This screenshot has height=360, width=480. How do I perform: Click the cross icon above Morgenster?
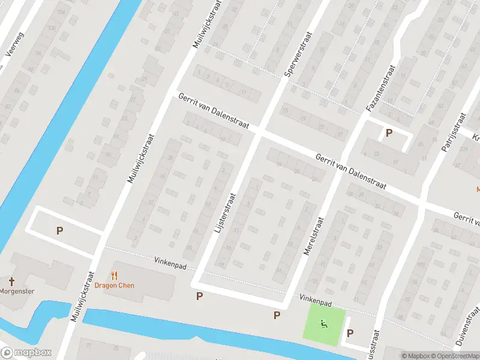(x=11, y=281)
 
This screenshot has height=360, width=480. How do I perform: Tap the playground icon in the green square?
(x=324, y=324)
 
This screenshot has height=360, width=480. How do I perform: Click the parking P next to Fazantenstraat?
(x=389, y=133)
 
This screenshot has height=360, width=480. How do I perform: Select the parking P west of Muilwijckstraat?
(x=59, y=230)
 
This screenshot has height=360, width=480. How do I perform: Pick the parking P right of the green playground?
(x=350, y=334)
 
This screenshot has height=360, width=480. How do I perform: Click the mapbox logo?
(x=26, y=353)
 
